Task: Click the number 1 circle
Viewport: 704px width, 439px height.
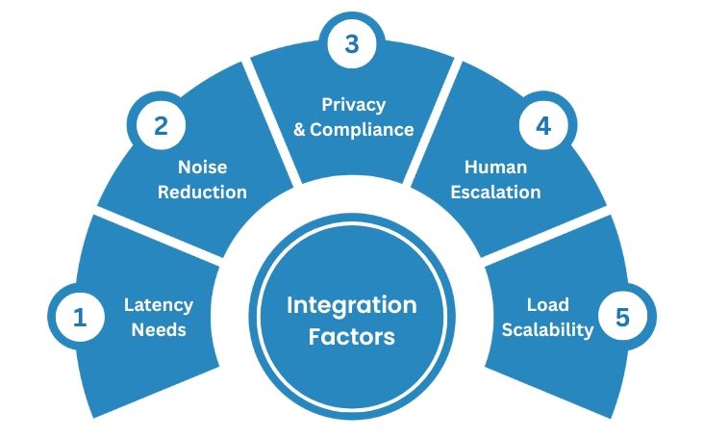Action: tap(80, 318)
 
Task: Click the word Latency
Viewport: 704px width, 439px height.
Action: tap(159, 305)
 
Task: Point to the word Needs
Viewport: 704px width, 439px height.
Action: tap(159, 329)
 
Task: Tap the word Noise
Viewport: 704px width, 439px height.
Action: tap(202, 168)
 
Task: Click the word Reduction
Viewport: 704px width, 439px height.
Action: tap(202, 192)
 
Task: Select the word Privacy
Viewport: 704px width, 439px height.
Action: tap(353, 104)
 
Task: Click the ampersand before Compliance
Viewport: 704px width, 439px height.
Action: tap(300, 129)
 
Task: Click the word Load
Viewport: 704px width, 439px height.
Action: tap(541, 305)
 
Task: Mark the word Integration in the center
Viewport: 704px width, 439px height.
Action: tap(352, 305)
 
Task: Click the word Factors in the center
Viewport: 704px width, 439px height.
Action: tap(352, 337)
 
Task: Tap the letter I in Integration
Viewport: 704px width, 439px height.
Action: tap(290, 305)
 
